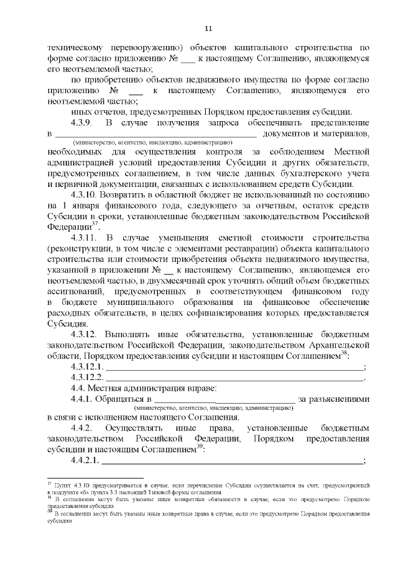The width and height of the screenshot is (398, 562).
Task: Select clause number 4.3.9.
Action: point(83,122)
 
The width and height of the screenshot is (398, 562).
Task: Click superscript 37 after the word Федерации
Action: point(95,224)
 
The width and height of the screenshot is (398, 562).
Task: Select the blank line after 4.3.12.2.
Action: point(234,378)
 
